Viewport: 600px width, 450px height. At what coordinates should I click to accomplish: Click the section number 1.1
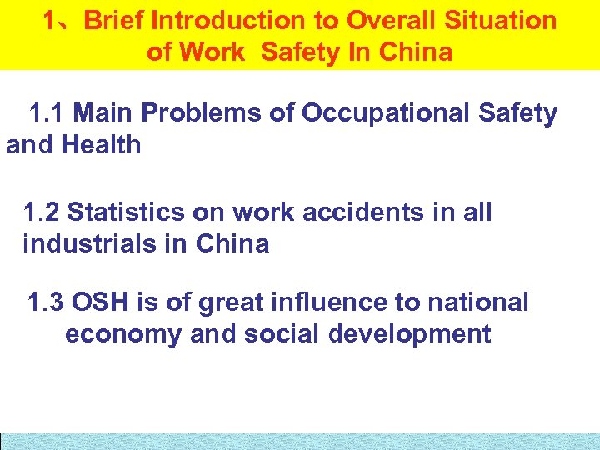(x=47, y=113)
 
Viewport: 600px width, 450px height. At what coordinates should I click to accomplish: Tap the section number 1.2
(x=42, y=212)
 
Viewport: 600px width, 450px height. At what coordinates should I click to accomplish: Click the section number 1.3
(x=47, y=302)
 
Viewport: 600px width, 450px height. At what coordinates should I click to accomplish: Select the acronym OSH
(x=100, y=302)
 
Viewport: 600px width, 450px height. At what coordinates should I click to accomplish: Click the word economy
(x=124, y=335)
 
